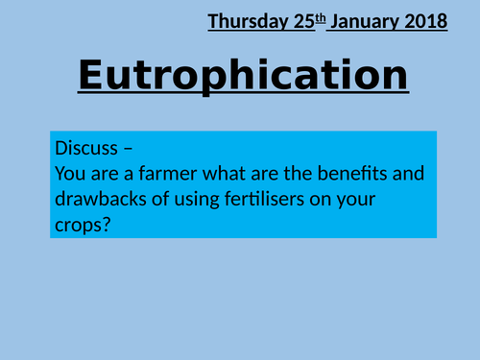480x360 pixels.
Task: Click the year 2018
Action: (425, 20)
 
